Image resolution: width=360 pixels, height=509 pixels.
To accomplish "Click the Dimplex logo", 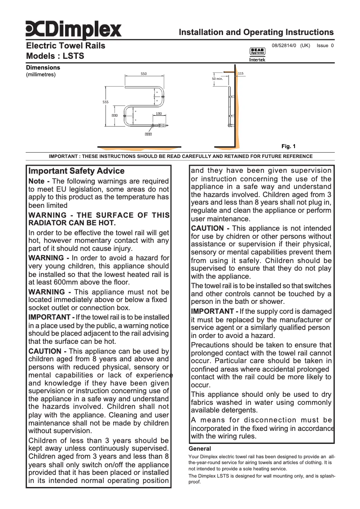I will click(73, 30).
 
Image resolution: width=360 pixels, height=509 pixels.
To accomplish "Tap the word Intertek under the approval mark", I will click(257, 60).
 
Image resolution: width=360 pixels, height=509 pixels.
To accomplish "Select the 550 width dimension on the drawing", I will click(144, 74).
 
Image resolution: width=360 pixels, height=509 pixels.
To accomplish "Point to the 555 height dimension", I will click(105, 102).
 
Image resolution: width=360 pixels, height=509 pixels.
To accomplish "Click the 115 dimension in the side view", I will click(241, 73).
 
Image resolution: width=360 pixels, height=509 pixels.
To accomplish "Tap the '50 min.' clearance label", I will click(217, 79).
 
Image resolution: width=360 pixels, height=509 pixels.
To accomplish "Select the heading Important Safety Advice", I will click(76, 171).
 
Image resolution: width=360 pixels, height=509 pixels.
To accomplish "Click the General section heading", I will click(200, 448).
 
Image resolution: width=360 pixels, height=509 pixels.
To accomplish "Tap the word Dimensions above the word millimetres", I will click(43, 68).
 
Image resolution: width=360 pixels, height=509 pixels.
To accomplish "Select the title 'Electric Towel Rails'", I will click(66, 46).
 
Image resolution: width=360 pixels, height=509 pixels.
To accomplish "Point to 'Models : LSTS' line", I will click(55, 57).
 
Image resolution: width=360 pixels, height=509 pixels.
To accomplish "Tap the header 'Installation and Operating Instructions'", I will click(256, 32).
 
